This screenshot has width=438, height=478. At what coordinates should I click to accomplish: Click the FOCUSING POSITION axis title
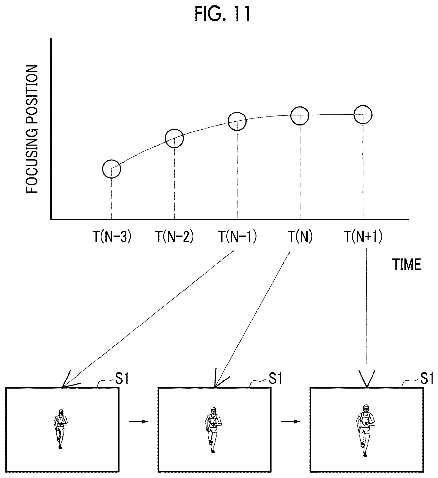[32, 129]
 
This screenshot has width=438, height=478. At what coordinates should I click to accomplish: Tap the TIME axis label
[407, 264]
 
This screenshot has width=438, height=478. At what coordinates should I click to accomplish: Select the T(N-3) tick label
[112, 237]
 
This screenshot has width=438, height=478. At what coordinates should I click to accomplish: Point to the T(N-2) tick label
[174, 237]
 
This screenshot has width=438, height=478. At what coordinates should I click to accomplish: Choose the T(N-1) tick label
[237, 237]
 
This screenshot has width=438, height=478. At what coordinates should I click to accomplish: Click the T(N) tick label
[300, 237]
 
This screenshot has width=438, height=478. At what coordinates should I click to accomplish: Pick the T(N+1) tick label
[363, 237]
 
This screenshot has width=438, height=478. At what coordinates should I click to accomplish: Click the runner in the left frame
[60, 429]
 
